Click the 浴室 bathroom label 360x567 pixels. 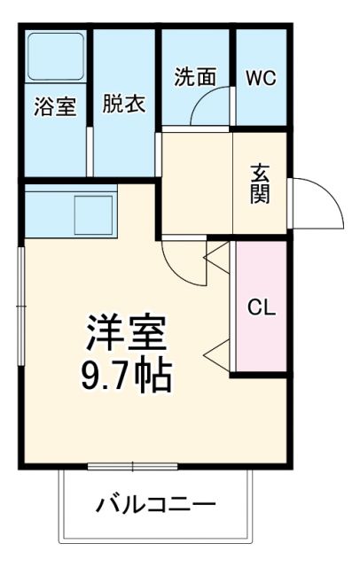pos(55,106)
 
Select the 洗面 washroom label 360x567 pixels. pos(194,76)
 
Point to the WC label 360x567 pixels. pos(261,76)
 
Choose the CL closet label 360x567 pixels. pos(261,308)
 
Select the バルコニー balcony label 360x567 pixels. pos(156,506)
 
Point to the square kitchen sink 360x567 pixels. pos(91,214)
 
